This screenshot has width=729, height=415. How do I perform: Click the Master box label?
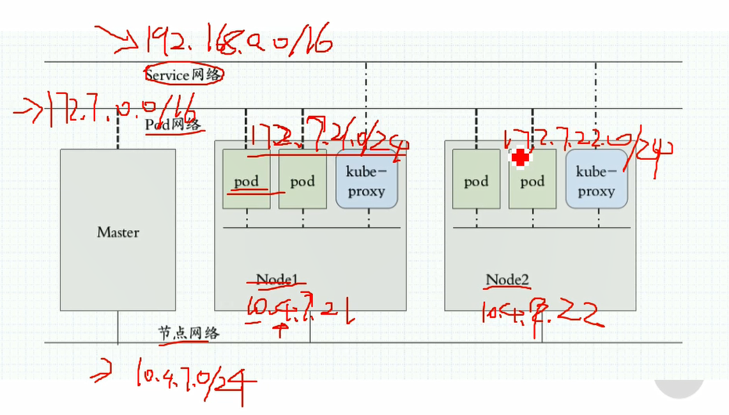118,232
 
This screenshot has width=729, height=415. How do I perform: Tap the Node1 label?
277,279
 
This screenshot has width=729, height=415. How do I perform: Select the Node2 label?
507,279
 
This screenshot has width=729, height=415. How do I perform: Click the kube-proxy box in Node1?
366,180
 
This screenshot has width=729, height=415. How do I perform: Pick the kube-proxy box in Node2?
596,180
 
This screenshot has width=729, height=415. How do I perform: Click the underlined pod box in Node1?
246,180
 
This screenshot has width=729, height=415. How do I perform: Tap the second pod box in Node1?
302,180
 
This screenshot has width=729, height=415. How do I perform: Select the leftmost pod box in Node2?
476,180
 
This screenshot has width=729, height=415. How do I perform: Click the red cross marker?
521,158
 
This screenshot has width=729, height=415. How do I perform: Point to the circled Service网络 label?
184,75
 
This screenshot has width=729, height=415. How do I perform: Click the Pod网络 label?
174,124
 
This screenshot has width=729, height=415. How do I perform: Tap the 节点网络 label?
188,333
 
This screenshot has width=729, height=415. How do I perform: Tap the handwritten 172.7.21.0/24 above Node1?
326,137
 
